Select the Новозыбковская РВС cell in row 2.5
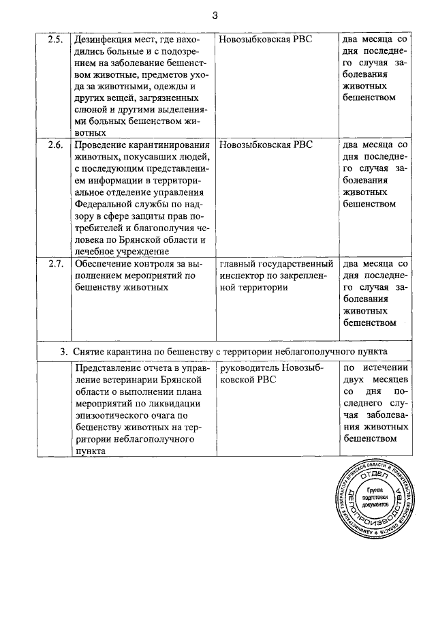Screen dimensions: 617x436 [x=266, y=39]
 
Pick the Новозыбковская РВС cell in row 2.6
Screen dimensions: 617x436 [x=266, y=145]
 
